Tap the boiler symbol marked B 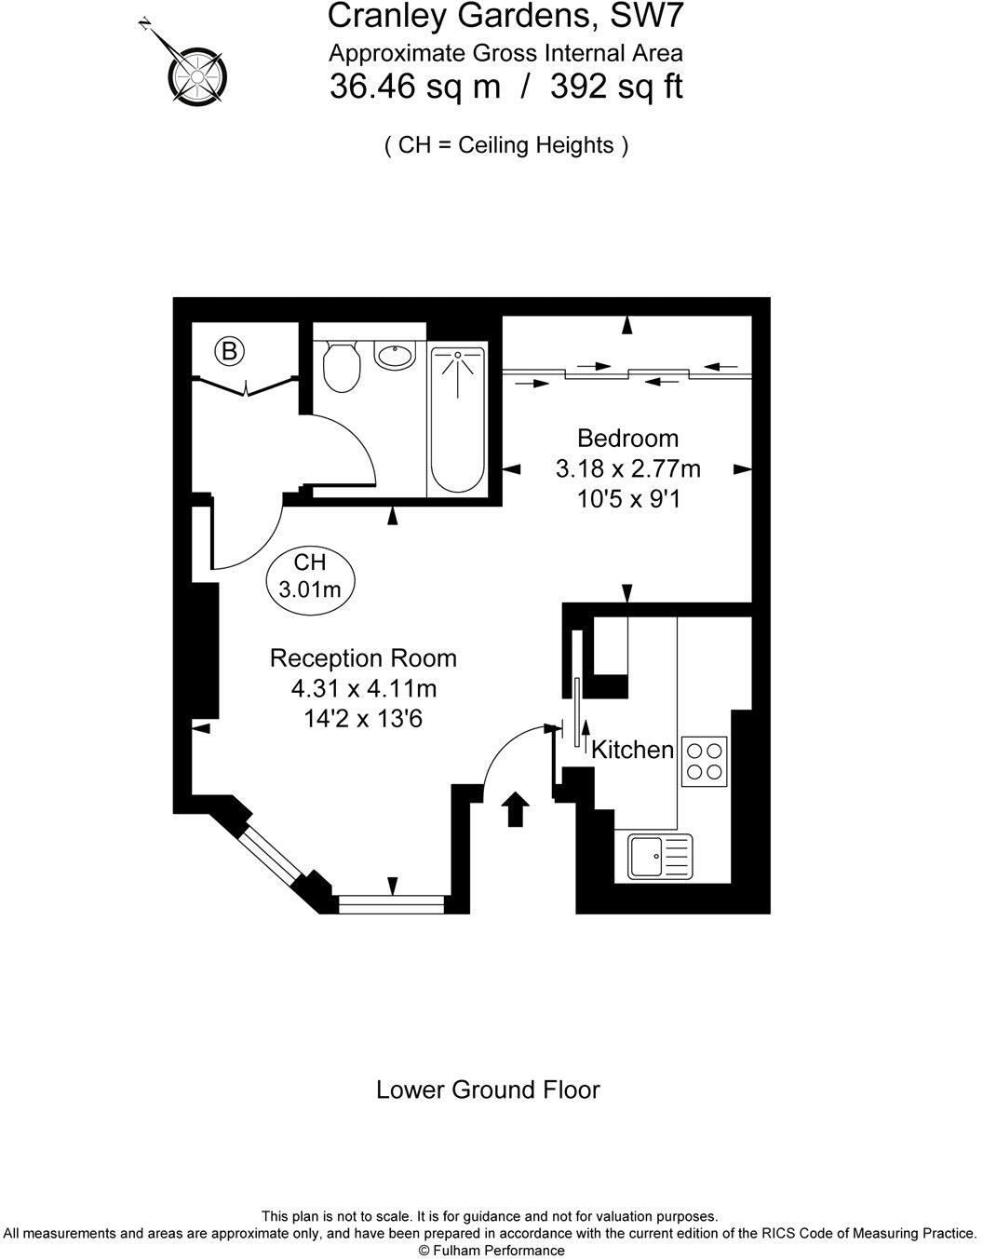229,351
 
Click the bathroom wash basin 396,355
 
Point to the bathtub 457,422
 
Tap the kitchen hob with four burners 704,760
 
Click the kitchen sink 660,856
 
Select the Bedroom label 627,438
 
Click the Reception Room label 363,658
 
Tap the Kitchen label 633,750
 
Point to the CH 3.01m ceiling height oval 311,576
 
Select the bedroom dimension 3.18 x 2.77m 627,468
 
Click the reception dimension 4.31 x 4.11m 363,689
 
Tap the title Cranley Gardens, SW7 506,16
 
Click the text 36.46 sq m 415,88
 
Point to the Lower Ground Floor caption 488,1090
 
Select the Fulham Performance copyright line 491,1251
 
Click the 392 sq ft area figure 616,88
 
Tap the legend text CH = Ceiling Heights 506,145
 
